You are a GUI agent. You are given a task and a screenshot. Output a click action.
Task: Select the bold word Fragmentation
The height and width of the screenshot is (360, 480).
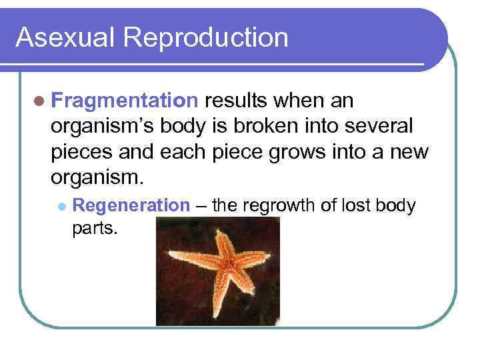[124, 101]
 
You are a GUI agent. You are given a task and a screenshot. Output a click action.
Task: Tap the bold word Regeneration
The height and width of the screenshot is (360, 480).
[131, 205]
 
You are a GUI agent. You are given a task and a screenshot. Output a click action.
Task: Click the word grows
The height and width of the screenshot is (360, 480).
[293, 153]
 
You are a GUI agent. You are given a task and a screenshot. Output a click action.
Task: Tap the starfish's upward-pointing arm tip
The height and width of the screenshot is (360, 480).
[218, 231]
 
